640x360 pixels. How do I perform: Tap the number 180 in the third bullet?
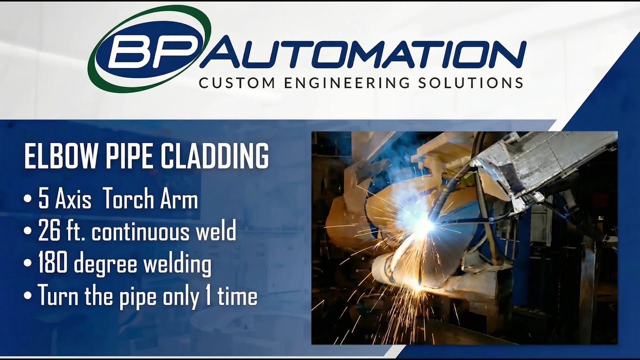[x=53, y=264]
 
